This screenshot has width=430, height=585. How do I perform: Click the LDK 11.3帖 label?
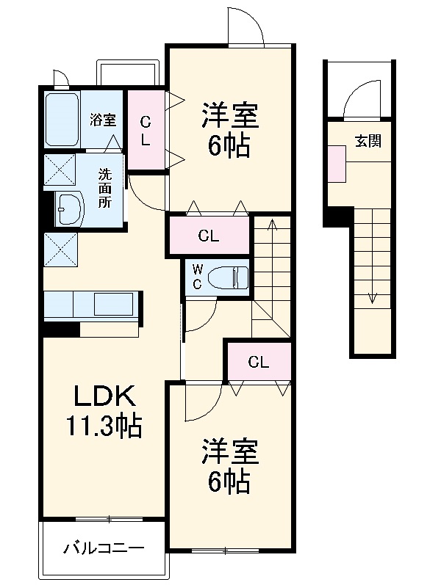(x=104, y=410)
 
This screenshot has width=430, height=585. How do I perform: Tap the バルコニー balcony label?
(x=104, y=548)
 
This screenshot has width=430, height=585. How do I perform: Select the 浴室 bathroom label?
(x=103, y=120)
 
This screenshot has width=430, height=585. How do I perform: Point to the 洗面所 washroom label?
(x=104, y=188)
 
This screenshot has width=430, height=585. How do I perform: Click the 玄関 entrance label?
(x=368, y=141)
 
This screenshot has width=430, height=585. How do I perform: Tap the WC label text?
(x=197, y=277)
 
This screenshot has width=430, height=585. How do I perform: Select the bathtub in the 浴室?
(x=62, y=120)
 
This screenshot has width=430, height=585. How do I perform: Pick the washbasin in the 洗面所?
(x=70, y=209)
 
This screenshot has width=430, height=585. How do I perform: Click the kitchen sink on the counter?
(x=114, y=304)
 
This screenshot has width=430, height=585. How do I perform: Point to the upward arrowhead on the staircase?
(x=273, y=224)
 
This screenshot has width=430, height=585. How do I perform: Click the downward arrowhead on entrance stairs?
(x=372, y=298)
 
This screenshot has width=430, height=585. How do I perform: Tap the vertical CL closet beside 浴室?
(x=146, y=131)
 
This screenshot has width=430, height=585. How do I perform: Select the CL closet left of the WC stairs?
(x=209, y=236)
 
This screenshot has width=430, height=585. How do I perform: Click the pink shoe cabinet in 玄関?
(x=337, y=164)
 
